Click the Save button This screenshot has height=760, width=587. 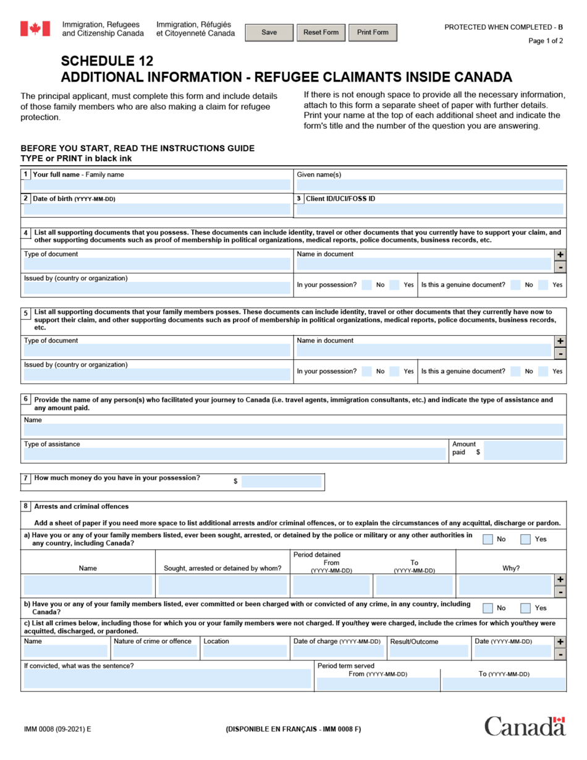269,33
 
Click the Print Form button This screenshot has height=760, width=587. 373,33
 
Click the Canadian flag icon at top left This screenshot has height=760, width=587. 35,28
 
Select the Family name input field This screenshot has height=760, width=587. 157,185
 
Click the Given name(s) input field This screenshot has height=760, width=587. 429,185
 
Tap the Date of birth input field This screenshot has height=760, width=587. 157,210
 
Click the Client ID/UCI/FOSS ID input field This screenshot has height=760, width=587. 429,210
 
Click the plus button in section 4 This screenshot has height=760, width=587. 560,255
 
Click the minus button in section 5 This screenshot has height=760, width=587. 560,354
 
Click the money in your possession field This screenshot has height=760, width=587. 281,481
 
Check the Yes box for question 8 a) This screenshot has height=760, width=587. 525,539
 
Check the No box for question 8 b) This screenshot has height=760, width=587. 488,608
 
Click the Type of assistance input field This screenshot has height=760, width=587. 235,455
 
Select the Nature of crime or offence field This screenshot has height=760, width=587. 156,651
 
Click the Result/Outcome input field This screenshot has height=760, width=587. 429,651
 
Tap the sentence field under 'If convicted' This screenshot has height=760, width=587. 167,679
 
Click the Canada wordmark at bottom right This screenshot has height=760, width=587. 525,726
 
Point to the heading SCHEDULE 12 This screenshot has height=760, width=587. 107,61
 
